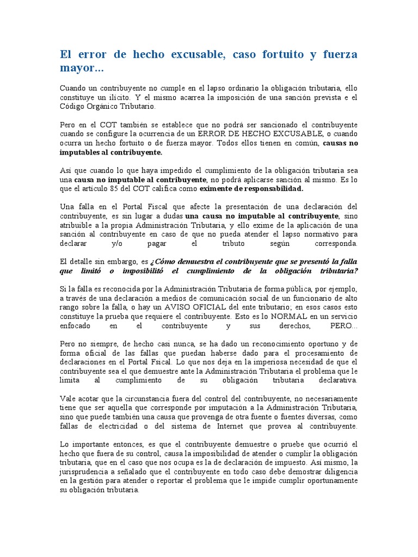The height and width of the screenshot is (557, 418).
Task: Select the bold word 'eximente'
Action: point(217,189)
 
